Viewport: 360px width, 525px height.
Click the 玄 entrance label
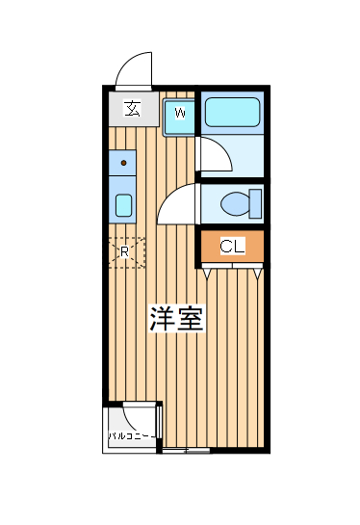131,109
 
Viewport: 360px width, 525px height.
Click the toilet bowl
233,204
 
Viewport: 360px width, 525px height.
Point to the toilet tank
255,204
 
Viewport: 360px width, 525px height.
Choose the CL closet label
232,247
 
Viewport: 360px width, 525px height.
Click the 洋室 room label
176,319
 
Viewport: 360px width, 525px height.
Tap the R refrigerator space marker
125,252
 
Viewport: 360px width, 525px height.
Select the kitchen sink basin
123,204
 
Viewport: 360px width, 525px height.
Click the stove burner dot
123,163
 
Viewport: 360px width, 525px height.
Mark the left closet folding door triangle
208,274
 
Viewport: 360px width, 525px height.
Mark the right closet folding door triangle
257,274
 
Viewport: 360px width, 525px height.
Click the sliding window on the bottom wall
185,450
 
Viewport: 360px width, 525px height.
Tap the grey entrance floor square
131,109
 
